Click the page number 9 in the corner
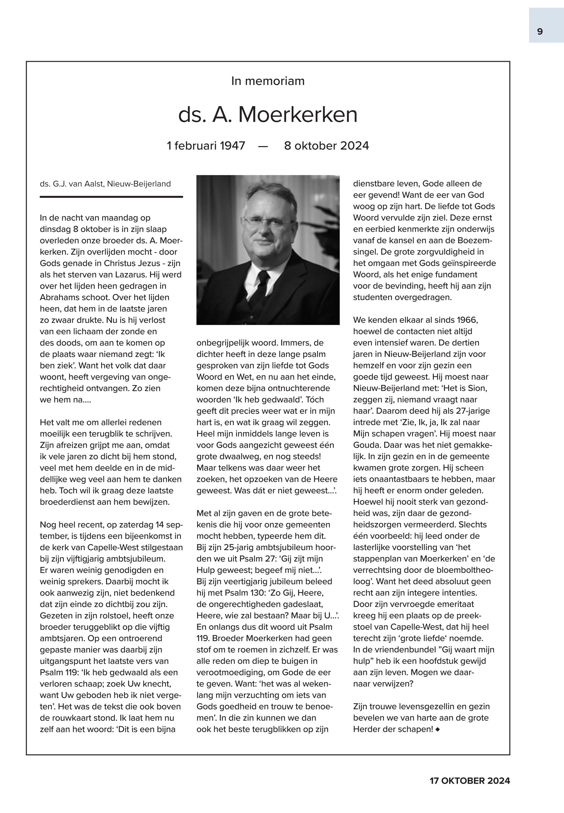540,32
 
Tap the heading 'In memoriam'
267,81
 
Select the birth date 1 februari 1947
206,145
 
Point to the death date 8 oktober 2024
326,145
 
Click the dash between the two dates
263,146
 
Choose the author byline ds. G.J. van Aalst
105,184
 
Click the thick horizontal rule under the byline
111,197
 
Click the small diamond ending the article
438,729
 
